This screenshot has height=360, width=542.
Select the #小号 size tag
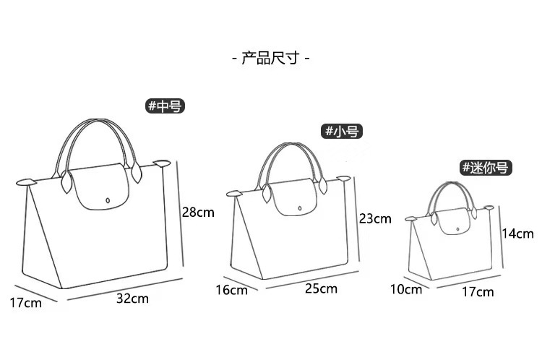[x=341, y=131]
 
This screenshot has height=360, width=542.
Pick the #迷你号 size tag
[x=486, y=168]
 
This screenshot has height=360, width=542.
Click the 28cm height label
[x=198, y=213]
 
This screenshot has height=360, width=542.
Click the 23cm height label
[x=374, y=218]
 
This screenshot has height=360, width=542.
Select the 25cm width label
[x=321, y=289]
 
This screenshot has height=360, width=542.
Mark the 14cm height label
[x=517, y=233]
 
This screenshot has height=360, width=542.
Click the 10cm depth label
[x=405, y=289]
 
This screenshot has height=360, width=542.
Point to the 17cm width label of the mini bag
[x=477, y=291]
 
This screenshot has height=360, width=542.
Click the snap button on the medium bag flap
[x=107, y=197]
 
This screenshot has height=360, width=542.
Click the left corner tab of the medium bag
[x=26, y=181]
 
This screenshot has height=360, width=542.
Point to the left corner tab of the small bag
[x=234, y=194]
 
